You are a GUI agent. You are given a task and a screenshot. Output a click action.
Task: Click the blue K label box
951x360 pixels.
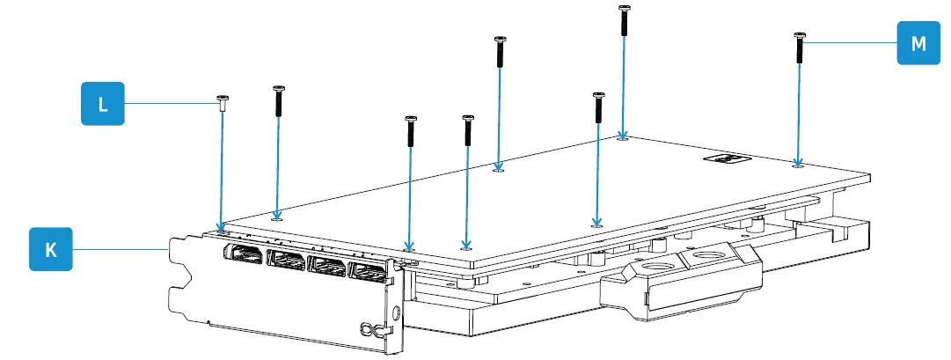pyautogui.click(x=51, y=250)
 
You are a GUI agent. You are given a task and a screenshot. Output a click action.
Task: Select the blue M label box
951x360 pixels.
pyautogui.click(x=918, y=43)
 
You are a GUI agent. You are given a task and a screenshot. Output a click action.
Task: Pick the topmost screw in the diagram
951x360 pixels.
pyautogui.click(x=624, y=19)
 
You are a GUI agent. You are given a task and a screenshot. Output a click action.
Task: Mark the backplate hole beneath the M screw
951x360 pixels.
pyautogui.click(x=797, y=163)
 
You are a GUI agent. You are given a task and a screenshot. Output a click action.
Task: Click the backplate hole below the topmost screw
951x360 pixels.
pyautogui.click(x=623, y=137)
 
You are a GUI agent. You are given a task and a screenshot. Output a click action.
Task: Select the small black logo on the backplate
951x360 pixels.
pyautogui.click(x=726, y=159)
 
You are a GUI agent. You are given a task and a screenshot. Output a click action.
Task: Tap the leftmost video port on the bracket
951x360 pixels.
pyautogui.click(x=242, y=255)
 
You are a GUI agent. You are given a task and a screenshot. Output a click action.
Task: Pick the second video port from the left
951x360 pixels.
pyautogui.click(x=287, y=261)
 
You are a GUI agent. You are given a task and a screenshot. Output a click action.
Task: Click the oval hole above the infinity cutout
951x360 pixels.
pyautogui.click(x=396, y=311)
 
